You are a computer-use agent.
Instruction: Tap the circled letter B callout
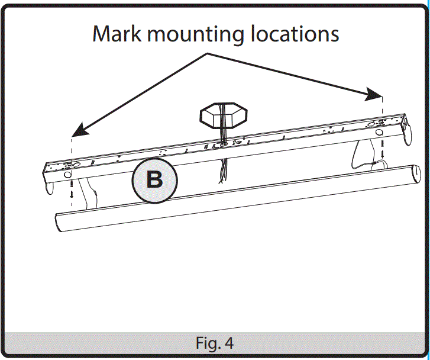click(154, 179)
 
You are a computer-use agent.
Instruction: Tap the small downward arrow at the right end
click(383, 155)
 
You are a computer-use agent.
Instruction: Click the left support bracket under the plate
click(89, 192)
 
